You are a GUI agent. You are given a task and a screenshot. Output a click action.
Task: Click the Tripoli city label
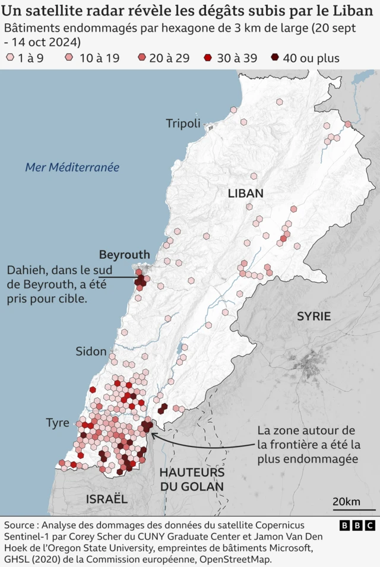click(x=183, y=123)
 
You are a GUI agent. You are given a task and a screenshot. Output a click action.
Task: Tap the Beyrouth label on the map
click(x=124, y=255)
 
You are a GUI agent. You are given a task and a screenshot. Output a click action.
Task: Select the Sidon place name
click(x=91, y=351)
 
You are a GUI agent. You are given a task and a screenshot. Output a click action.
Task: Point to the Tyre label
click(x=58, y=423)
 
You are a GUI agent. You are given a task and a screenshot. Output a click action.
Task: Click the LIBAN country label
click(x=245, y=194)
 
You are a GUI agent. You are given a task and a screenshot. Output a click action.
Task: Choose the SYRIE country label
click(x=313, y=316)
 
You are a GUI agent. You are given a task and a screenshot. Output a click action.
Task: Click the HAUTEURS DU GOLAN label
click(x=192, y=479)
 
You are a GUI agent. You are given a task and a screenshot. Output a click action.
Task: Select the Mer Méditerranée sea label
click(x=72, y=167)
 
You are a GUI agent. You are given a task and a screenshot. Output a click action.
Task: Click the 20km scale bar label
click(x=346, y=502)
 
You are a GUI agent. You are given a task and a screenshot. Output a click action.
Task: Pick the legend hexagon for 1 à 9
click(x=9, y=58)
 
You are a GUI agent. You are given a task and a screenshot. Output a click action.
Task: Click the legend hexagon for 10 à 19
click(x=69, y=58)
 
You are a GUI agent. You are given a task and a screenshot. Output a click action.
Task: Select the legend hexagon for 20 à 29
click(x=141, y=58)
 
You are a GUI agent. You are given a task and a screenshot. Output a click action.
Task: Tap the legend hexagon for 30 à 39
click(x=208, y=58)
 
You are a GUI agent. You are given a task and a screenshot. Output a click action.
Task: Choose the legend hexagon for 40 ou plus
click(x=274, y=58)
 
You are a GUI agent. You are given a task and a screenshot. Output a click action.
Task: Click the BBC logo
click(x=357, y=525)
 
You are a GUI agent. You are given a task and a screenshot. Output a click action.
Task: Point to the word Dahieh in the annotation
click(x=27, y=270)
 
